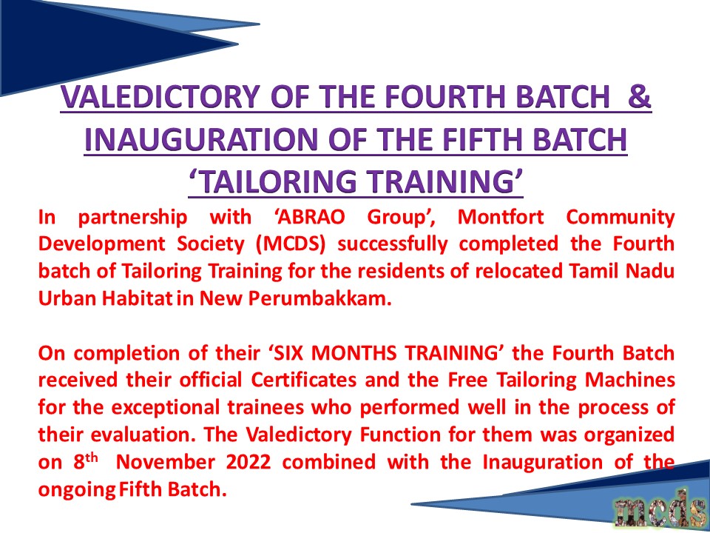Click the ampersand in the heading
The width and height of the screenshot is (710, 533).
pos(639,96)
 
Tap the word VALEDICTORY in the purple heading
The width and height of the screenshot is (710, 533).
pos(160,96)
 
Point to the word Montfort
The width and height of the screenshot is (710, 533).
pos(501,217)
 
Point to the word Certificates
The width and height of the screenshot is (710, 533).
pos(304,381)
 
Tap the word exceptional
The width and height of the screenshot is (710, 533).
pos(163,407)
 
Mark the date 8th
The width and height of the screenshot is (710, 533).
pos(86,461)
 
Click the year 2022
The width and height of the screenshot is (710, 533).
pos(248,462)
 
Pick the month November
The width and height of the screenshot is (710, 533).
pos(165,462)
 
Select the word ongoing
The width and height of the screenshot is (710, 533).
pos(77,490)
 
